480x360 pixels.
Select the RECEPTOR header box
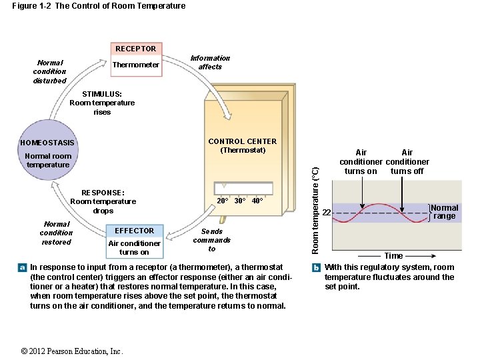[135, 49]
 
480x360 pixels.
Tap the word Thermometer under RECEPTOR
[136, 65]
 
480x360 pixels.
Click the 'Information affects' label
[210, 62]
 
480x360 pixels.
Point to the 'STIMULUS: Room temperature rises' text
[102, 103]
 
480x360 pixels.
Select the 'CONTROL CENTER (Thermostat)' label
[242, 145]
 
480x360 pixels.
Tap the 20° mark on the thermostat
[223, 201]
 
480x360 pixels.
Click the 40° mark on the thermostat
[257, 201]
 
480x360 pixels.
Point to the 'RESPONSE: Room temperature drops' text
[103, 201]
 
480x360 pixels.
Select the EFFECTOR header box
[134, 231]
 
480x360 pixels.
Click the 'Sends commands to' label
[211, 240]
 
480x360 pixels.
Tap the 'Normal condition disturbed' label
[50, 71]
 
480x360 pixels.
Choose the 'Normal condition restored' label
[56, 233]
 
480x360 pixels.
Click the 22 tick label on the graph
[326, 213]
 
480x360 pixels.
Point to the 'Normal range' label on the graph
[445, 212]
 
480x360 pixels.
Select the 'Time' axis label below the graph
[393, 256]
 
